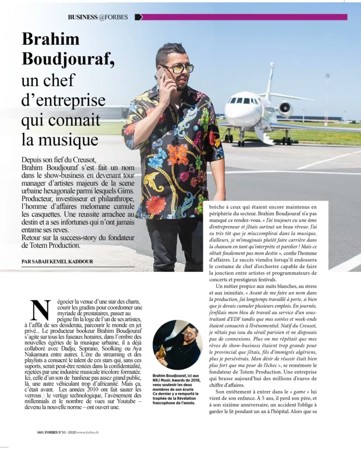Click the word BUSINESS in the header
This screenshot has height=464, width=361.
pyautogui.click(x=83, y=17)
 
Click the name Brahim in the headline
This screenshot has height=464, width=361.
pyautogui.click(x=50, y=39)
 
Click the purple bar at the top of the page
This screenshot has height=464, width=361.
pyautogui.click(x=244, y=17)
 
